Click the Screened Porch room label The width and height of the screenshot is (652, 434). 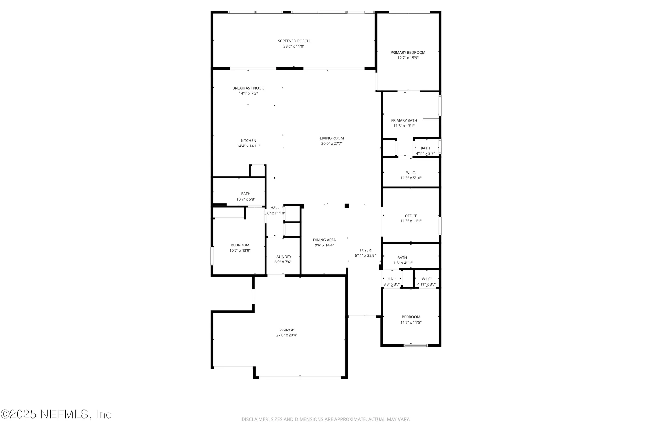coord(293,41)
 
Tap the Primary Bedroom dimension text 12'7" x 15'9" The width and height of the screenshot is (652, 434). coord(408,58)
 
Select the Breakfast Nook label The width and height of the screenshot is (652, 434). coord(248,88)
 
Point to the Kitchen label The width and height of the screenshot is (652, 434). coord(248,141)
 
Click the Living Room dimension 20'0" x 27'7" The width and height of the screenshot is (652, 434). coord(332,144)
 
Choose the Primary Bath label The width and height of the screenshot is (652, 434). coord(404,120)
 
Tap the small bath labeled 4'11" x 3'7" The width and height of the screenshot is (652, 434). coord(425,151)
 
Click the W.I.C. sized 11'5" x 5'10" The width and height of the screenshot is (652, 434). coord(411,175)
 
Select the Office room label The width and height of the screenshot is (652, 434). coord(411,216)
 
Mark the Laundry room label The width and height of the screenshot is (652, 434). coord(283,257)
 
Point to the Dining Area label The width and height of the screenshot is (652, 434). coord(324,240)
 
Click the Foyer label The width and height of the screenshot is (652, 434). coord(365,250)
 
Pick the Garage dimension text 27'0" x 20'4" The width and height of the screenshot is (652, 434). coord(287,335)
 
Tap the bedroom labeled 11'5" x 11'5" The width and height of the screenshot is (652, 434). coord(411,320)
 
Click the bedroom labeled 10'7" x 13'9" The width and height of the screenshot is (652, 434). coord(240,248)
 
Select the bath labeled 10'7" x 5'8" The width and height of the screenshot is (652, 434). coord(245,196)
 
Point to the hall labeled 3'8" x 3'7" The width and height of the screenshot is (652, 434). coord(392,281)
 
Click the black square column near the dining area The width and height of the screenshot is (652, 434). coord(347,206)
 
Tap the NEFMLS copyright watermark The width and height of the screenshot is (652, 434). coord(56,414)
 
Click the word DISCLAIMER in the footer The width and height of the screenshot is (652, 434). coord(255,419)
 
